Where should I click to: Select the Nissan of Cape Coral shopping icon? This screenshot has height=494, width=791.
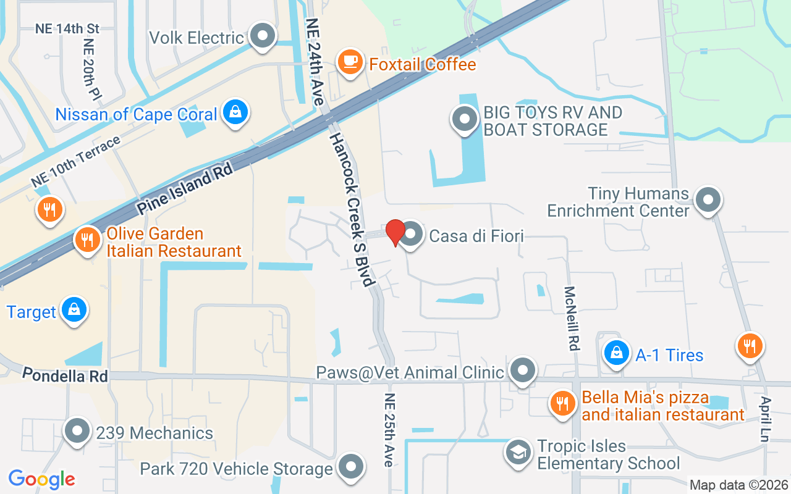235,112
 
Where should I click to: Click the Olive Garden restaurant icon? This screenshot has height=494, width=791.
88,240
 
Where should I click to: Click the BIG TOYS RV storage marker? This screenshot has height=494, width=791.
465,119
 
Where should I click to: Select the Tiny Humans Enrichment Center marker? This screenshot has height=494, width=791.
708,200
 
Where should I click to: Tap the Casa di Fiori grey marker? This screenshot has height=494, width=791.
412,235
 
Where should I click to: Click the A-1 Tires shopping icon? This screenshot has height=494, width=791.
616,354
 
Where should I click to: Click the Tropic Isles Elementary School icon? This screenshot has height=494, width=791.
518,453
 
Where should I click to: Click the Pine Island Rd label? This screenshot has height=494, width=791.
185,188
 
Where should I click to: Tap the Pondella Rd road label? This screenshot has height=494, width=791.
65,375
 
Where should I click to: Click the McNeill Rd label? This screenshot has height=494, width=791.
571,319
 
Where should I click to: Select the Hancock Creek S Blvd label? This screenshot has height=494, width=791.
351,210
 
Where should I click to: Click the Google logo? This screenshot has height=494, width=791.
41,479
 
